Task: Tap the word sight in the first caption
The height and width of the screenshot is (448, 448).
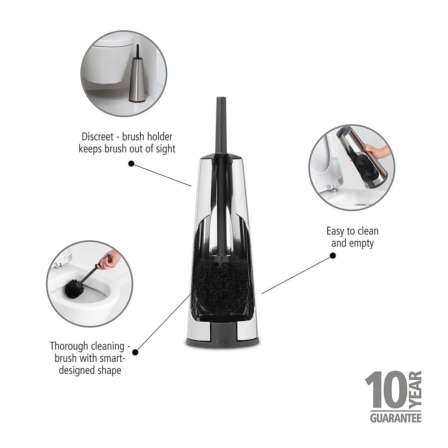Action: pyautogui.click(x=165, y=149)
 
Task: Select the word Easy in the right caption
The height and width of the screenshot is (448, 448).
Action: pyautogui.click(x=335, y=231)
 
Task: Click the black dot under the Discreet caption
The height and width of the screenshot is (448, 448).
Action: pyautogui.click(x=131, y=164)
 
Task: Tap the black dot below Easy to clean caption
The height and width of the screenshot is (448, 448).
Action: pyautogui.click(x=333, y=256)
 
